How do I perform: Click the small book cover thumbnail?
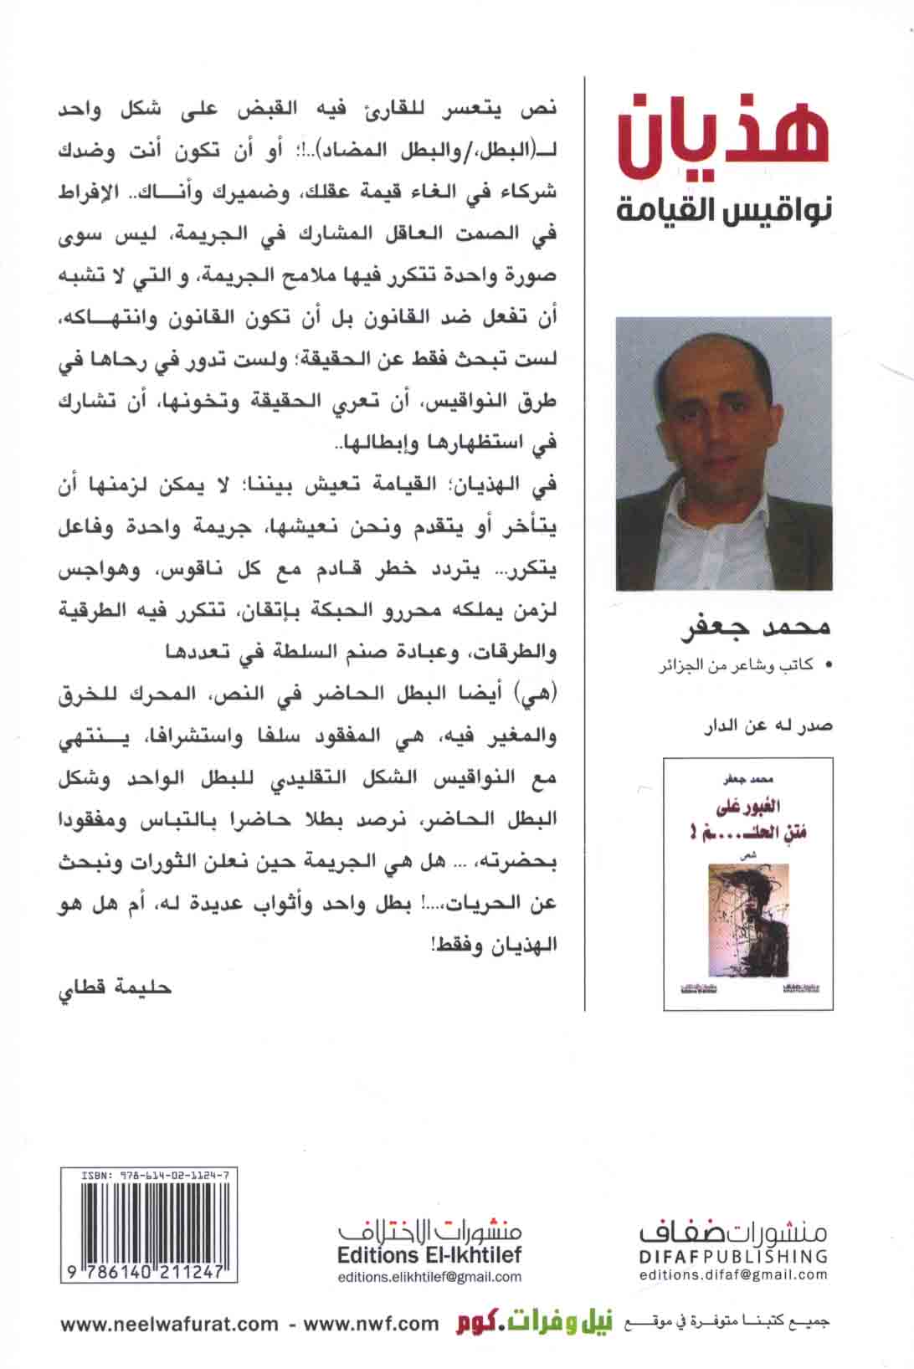(747, 884)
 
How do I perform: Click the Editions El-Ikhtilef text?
(429, 1255)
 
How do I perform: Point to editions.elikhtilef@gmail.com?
(429, 1277)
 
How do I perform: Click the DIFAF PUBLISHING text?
(733, 1256)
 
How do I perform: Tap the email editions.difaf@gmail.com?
(733, 1275)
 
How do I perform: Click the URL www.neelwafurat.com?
(169, 1324)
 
